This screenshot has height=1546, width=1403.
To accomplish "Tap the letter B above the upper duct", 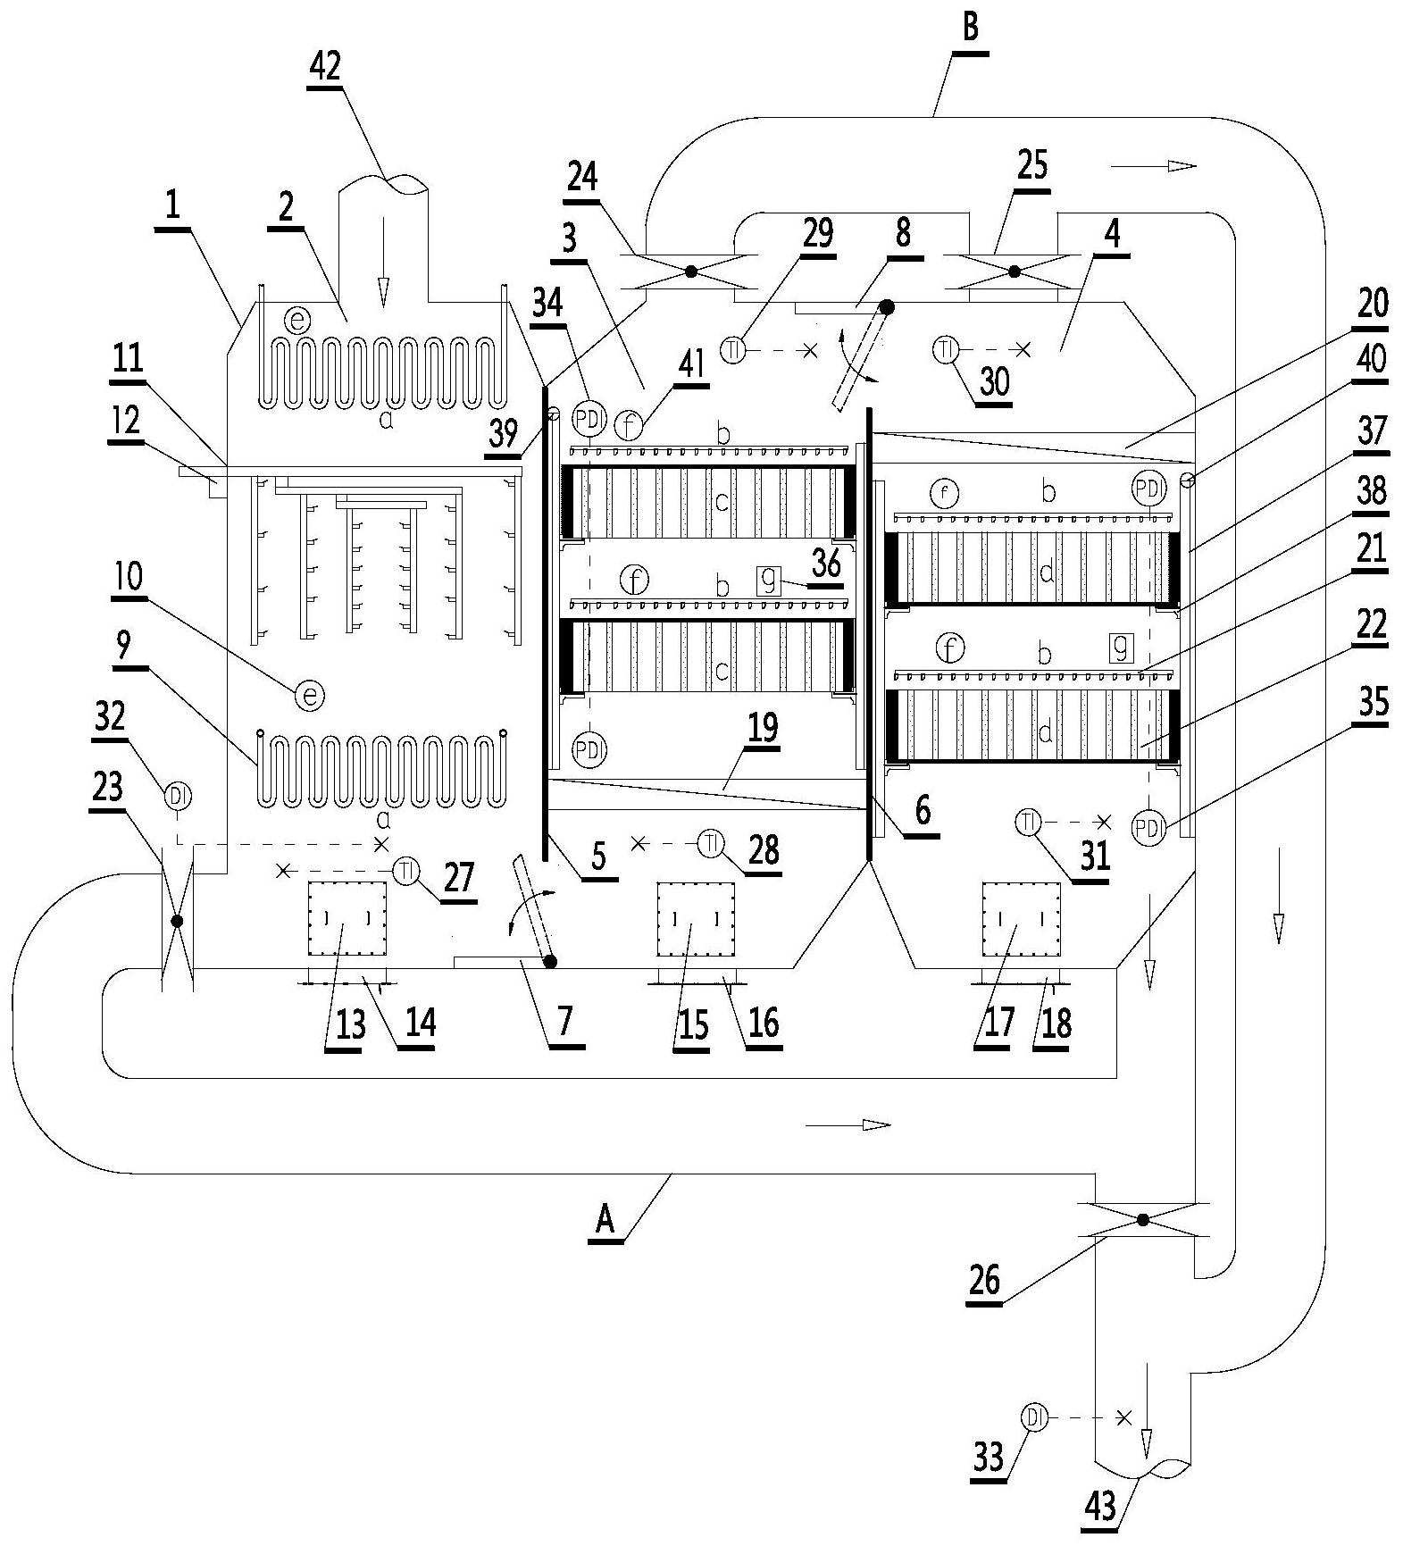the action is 971,28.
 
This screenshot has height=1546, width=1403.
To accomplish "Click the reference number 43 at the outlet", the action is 1101,1507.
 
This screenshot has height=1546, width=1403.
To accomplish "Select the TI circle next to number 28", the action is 711,843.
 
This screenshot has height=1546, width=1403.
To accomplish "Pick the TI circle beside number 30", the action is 946,350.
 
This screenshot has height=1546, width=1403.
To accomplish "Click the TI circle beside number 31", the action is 1029,821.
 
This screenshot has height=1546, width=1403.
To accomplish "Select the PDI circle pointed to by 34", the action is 589,417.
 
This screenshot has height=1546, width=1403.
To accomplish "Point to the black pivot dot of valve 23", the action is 177,920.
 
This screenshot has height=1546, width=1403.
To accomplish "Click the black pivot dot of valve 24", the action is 690,271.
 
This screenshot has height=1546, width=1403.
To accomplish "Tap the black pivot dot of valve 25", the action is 1015,271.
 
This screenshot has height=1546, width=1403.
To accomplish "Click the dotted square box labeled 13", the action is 347,920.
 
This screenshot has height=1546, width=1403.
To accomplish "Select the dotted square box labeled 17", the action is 1022,920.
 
